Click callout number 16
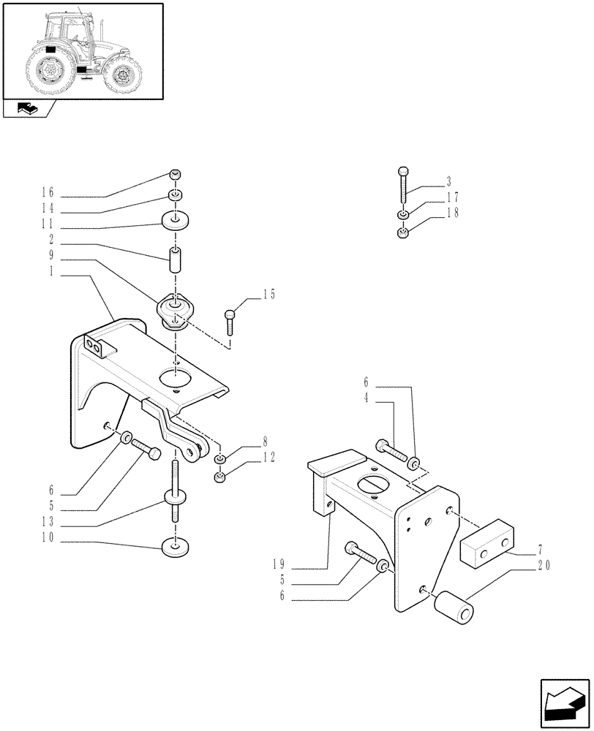click(x=48, y=193)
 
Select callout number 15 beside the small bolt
click(x=268, y=294)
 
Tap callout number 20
click(x=543, y=565)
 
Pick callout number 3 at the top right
click(x=448, y=181)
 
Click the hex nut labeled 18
click(x=402, y=233)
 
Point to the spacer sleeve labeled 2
click(x=175, y=259)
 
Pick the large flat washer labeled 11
click(x=175, y=219)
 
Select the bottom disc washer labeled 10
click(x=175, y=545)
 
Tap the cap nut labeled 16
click(x=175, y=174)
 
